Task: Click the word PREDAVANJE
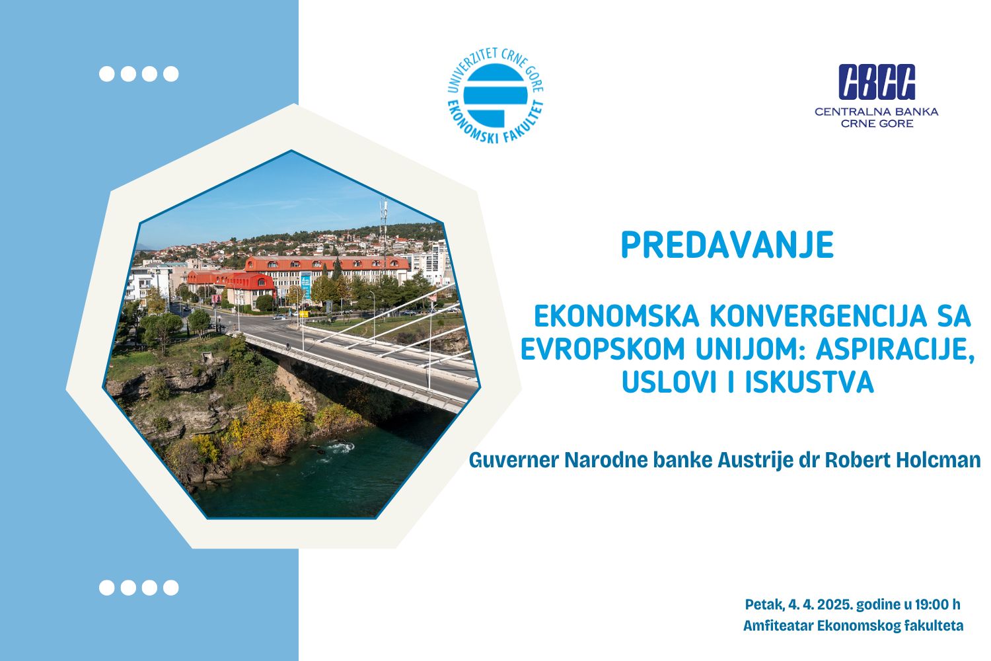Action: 727,245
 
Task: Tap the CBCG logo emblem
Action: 877,82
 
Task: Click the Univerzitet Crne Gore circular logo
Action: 495,95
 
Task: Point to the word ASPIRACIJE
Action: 895,349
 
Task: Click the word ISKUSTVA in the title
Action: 809,382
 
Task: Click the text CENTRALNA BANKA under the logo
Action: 877,112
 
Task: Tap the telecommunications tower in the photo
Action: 384,230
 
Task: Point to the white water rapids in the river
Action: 338,448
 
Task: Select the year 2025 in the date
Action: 835,604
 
